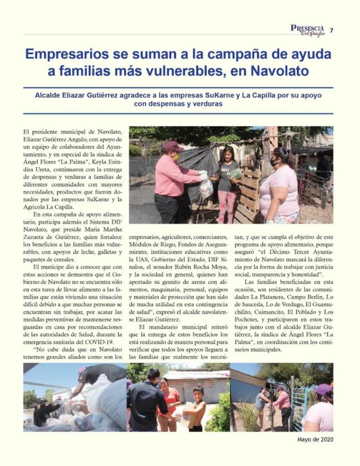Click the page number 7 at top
tap(332, 30)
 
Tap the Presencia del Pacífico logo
tap(308, 29)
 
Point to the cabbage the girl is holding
tap(236, 174)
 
